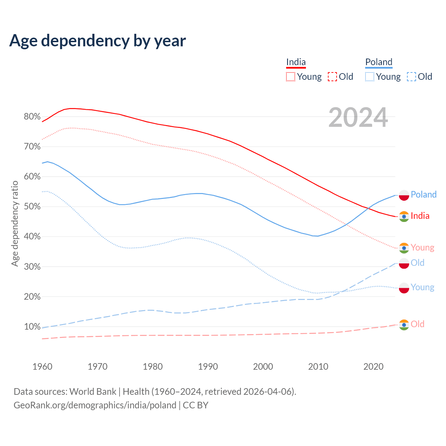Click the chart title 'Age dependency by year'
[98, 41]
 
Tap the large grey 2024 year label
[358, 118]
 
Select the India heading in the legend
[296, 62]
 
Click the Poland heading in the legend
[379, 62]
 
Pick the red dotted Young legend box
[291, 77]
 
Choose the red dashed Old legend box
[332, 77]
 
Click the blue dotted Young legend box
[370, 77]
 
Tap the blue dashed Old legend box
[412, 77]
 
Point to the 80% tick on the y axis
[32, 117]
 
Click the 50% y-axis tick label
[32, 207]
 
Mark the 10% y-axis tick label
[32, 327]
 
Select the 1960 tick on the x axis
[42, 367]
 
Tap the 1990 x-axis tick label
[208, 367]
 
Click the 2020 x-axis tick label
[374, 367]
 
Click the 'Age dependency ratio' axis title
[15, 223]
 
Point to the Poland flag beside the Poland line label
[404, 195]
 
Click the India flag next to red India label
[404, 217]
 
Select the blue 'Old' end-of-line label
[417, 263]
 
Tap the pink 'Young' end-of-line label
[422, 247]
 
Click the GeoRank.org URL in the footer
[95, 405]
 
